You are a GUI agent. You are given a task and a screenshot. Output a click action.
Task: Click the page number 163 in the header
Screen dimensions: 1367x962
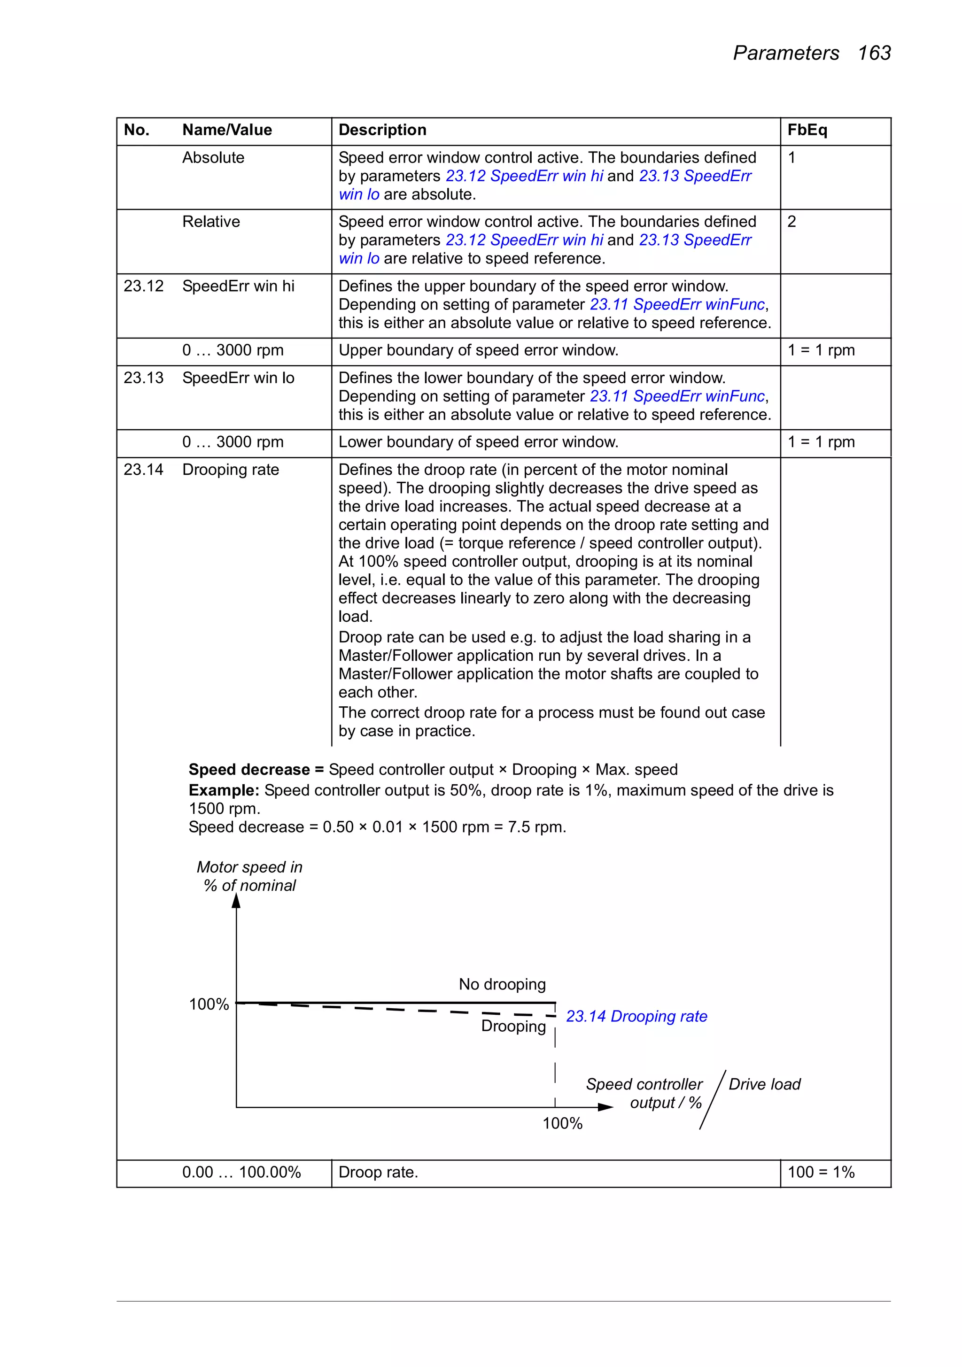click(x=874, y=53)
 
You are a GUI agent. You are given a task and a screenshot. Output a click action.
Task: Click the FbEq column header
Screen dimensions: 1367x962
click(x=807, y=130)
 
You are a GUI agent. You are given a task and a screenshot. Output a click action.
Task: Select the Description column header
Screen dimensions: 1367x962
click(x=382, y=130)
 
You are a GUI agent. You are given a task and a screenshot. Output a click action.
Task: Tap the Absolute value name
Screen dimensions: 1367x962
click(x=213, y=158)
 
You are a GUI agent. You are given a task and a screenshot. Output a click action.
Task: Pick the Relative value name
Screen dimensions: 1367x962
click(x=211, y=222)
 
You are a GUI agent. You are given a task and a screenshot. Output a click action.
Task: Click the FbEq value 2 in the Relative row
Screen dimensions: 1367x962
click(x=791, y=222)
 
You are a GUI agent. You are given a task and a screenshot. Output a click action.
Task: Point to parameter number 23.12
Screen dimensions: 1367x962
click(x=143, y=286)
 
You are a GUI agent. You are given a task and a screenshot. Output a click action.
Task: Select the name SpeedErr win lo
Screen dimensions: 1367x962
click(x=238, y=378)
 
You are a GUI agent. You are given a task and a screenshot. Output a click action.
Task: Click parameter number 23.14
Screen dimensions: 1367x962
click(x=143, y=469)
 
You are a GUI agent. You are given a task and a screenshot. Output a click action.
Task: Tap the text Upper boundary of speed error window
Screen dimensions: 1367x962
click(x=478, y=350)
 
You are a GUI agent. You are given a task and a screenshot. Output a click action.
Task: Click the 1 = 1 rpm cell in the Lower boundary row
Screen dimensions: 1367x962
click(x=821, y=442)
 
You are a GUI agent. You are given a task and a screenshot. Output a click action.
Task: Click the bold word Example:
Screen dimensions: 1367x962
click(x=224, y=790)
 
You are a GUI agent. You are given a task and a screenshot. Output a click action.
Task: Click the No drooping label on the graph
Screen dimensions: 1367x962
click(x=502, y=984)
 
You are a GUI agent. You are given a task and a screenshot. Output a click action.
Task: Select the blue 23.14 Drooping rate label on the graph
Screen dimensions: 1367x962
click(x=636, y=1016)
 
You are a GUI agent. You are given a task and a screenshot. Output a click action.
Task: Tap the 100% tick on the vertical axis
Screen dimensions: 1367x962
click(x=209, y=1004)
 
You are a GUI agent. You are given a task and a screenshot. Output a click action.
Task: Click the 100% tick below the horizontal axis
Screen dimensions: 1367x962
click(x=562, y=1123)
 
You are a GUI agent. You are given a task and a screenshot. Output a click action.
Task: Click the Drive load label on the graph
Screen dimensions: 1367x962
click(x=764, y=1084)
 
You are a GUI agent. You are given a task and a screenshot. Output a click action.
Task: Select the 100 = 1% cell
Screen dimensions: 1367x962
click(x=821, y=1172)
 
